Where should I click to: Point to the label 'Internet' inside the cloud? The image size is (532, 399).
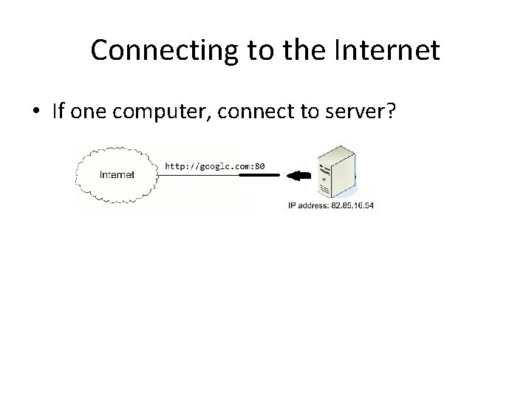coord(117,176)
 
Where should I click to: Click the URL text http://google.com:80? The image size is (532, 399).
coord(214,166)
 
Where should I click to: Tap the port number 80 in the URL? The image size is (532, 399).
coord(259,166)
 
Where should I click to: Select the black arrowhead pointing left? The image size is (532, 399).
coord(296,176)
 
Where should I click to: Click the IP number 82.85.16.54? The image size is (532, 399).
coord(352,205)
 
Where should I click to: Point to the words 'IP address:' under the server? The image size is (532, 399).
coord(308,205)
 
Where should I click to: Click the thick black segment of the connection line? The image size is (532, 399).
coord(269,176)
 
